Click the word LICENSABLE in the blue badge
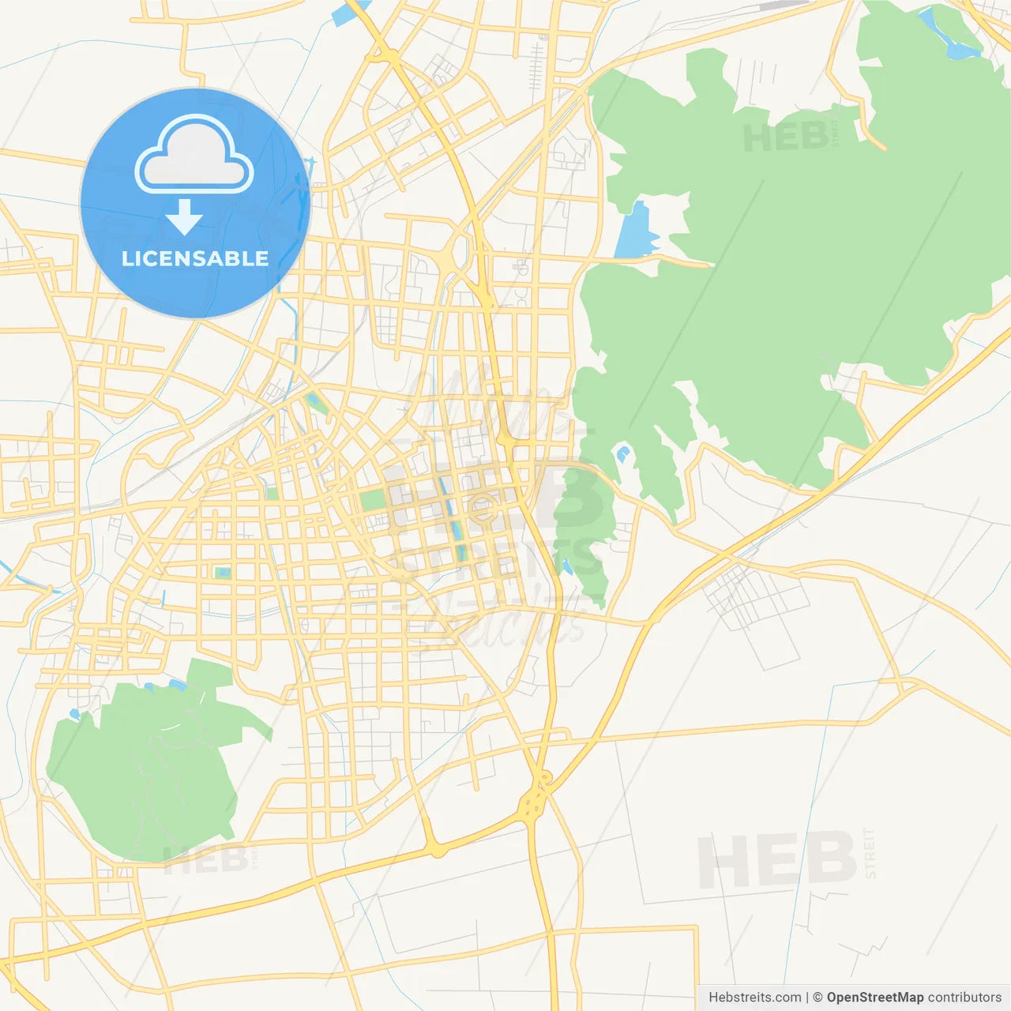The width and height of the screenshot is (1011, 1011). pyautogui.click(x=195, y=258)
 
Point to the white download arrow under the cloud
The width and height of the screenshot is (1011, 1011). pyautogui.click(x=184, y=216)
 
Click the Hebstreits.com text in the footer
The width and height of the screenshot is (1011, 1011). pyautogui.click(x=754, y=997)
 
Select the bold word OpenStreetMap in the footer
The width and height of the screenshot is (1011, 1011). pyautogui.click(x=874, y=997)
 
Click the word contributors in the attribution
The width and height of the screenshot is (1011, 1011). pyautogui.click(x=964, y=997)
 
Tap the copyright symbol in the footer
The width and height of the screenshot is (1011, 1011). pyautogui.click(x=817, y=997)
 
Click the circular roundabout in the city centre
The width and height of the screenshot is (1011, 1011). pyautogui.click(x=483, y=509)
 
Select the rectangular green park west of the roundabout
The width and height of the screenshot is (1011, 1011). pyautogui.click(x=371, y=501)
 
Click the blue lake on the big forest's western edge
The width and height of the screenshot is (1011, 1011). pyautogui.click(x=636, y=231)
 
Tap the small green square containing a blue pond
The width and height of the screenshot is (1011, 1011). pyautogui.click(x=224, y=572)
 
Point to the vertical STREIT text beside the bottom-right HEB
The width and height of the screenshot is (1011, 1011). pyautogui.click(x=870, y=853)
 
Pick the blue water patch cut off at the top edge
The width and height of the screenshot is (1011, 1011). pyautogui.click(x=348, y=12)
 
